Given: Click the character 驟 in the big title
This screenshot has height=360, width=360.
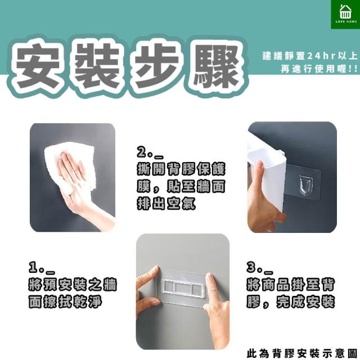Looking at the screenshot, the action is point(215,66).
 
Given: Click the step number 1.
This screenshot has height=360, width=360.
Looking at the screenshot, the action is point(33,268).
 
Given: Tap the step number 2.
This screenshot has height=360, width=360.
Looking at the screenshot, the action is point(142,152).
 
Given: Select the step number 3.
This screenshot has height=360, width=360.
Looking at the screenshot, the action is point(251,268).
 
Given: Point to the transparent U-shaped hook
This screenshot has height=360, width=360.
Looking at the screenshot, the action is point(306,186).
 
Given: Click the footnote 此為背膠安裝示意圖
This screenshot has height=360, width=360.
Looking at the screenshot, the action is point(301,354).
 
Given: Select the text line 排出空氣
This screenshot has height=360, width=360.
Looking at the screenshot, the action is point(166,204).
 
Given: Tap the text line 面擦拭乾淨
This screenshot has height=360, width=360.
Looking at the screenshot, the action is point(65,301).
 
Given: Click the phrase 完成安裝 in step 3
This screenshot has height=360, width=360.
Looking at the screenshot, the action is point(305,301).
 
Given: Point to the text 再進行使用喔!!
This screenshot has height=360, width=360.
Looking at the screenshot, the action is point(319,69).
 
